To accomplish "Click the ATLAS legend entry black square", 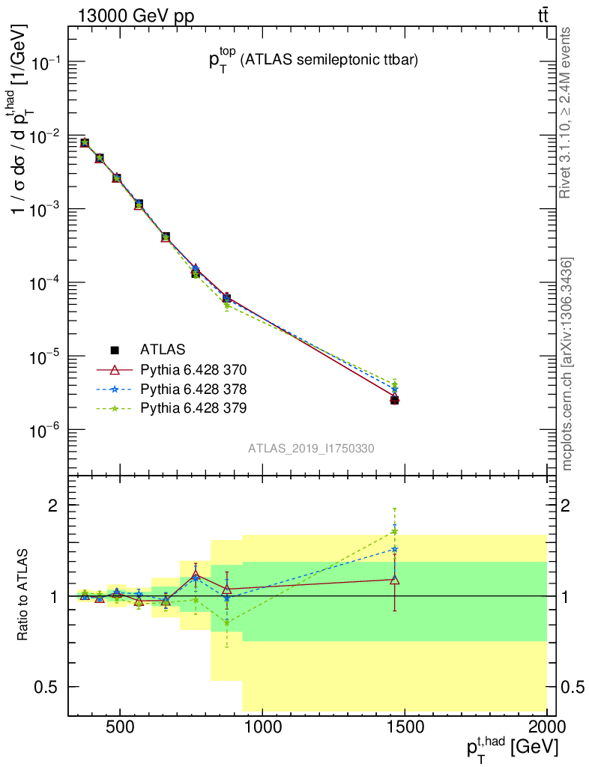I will (x=115, y=349).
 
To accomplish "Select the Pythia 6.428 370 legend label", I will (x=193, y=369).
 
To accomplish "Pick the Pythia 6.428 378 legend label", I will (x=193, y=389).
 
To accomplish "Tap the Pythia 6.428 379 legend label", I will (x=193, y=408).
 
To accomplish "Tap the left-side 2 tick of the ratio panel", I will (x=54, y=506).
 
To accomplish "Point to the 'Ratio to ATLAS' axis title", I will (x=24, y=595).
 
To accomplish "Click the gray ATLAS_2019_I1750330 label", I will (x=311, y=448).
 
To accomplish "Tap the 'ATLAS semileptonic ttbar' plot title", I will (x=312, y=62).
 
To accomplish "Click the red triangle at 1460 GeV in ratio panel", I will (x=395, y=579).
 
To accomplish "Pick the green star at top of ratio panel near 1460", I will (x=395, y=532).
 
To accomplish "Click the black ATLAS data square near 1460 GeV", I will (x=395, y=400).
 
